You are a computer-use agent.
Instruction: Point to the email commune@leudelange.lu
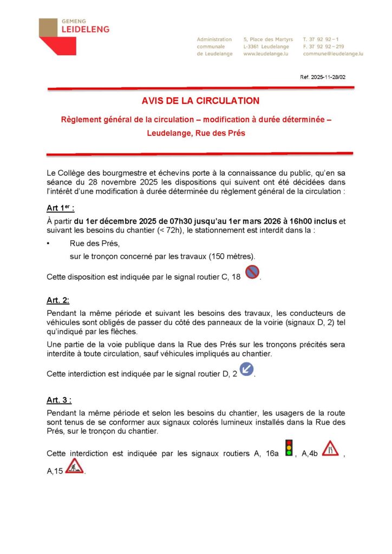(332, 54)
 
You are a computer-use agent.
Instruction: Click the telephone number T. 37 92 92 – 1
(321, 39)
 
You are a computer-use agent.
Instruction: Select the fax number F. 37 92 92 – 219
(323, 47)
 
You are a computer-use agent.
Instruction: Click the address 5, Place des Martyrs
(268, 39)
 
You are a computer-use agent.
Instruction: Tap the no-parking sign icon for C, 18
(252, 272)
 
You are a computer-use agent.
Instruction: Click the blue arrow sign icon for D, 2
(246, 370)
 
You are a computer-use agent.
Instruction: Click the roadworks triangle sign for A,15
(74, 466)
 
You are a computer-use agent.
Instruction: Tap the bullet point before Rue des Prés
(49, 244)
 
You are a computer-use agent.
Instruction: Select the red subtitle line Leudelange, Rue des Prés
(196, 133)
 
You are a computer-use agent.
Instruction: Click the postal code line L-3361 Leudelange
(266, 47)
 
